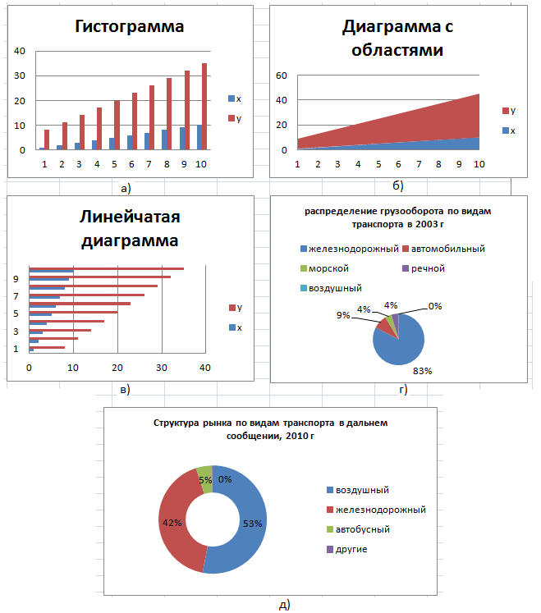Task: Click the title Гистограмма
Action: pos(129,26)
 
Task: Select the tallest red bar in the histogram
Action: pos(204,107)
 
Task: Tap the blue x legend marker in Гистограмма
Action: pos(232,98)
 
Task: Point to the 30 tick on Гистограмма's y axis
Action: pos(20,75)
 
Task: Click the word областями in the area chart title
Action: pos(397,50)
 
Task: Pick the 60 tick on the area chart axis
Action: pos(282,75)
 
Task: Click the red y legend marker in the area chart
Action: pos(506,111)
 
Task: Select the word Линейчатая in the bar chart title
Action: pos(130,217)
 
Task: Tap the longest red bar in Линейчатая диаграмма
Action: pos(107,268)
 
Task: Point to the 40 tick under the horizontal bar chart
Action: pos(205,368)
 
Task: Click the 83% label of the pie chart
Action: pos(423,371)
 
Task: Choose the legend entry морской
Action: pos(324,268)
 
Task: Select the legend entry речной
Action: pos(424,268)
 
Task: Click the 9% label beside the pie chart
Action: pos(343,315)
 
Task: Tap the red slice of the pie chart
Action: pos(386,327)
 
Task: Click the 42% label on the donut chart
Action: pos(172,523)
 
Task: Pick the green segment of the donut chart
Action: pos(205,479)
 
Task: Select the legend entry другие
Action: pos(347,549)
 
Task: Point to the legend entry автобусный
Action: pos(358,529)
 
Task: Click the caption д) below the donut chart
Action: pos(284,605)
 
